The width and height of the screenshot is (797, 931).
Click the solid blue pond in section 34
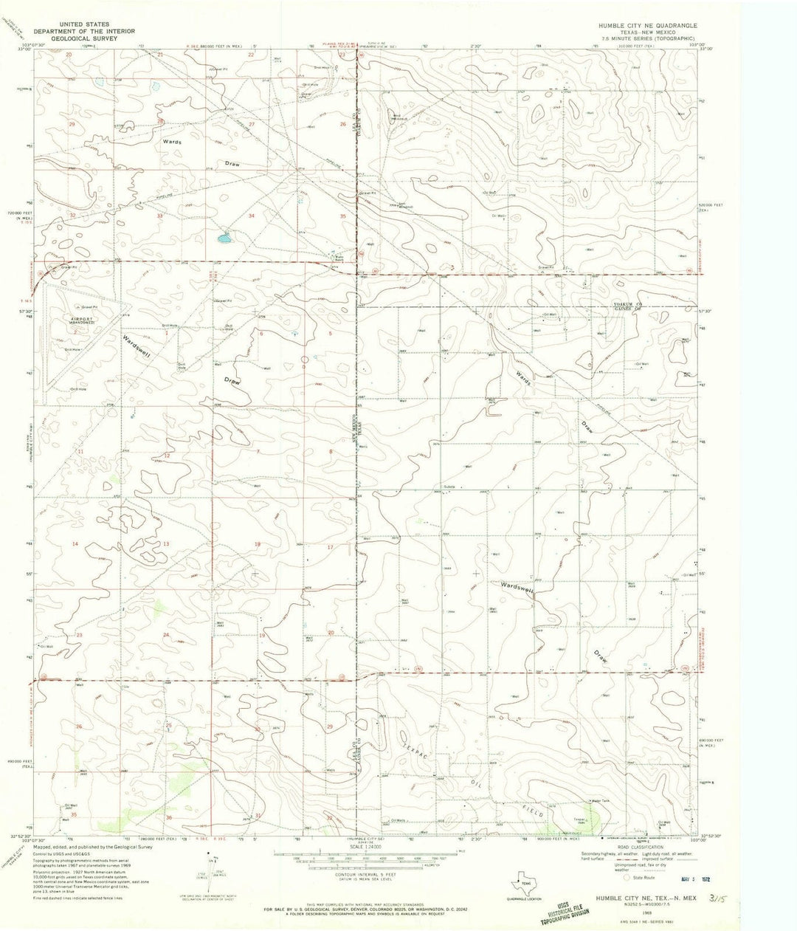coord(223,239)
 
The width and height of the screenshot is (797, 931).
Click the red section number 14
coord(75,544)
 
